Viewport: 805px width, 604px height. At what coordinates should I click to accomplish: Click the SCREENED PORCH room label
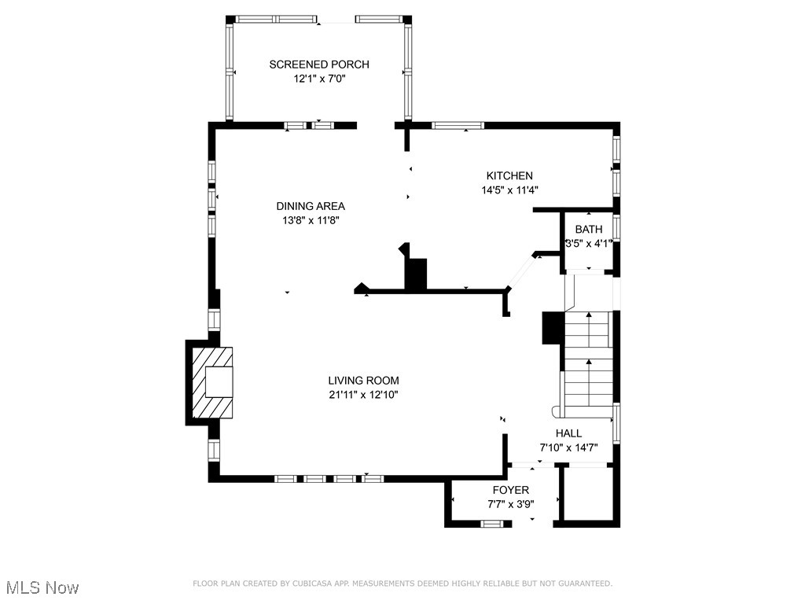coord(318,64)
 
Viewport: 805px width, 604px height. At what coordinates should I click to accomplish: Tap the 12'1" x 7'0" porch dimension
coord(318,79)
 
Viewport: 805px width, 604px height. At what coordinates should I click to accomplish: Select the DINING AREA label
coord(315,206)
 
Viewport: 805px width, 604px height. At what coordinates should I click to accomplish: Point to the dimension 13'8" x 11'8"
coord(315,220)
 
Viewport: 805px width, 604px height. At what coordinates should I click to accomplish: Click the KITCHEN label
coord(509,175)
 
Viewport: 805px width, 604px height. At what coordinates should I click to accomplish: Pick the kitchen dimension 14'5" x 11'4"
coord(509,190)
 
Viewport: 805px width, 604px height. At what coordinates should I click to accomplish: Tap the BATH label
coord(588,229)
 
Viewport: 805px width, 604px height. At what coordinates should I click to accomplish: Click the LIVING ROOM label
coord(363,381)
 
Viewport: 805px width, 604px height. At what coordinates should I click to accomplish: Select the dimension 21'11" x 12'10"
coord(363,395)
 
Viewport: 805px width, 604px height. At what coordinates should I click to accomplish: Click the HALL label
coord(568,433)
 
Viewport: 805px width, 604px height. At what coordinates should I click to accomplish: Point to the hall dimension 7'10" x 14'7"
coord(568,447)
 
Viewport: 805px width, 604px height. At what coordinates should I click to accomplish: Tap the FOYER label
coord(510,490)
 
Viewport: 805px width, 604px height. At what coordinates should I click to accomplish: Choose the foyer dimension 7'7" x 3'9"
coord(510,504)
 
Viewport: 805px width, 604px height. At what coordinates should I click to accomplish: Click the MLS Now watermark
coord(40,587)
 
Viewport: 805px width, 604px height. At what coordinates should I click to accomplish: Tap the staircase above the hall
coord(588,358)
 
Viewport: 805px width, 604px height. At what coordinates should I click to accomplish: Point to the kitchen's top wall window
coord(458,124)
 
